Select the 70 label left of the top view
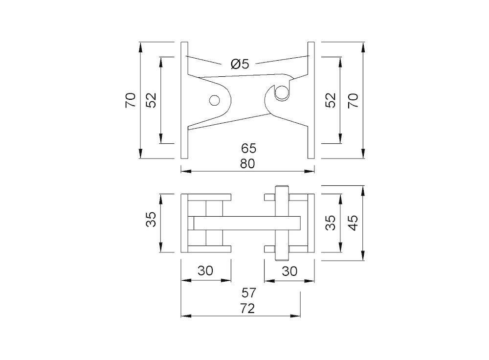tap(130, 100)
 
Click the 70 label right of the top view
tap(353, 100)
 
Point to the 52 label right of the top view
tap(331, 100)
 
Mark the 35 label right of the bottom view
tap(331, 223)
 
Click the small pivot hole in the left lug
tap(213, 100)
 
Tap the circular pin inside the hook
tap(281, 92)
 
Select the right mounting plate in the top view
tap(311, 100)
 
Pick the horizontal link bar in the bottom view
tap(244, 223)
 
